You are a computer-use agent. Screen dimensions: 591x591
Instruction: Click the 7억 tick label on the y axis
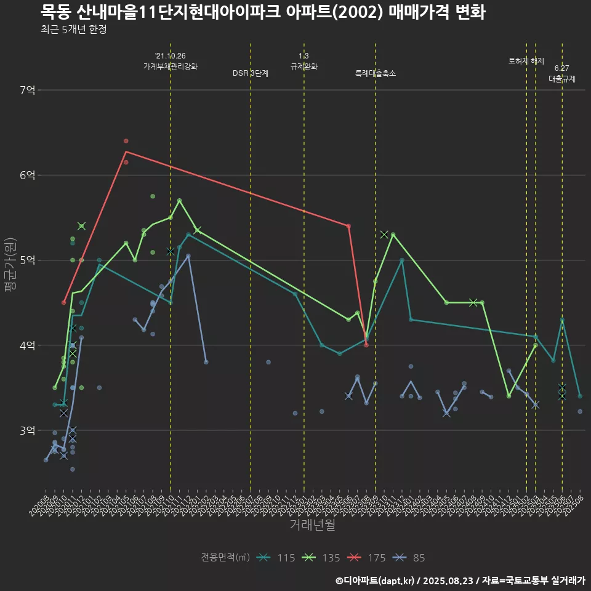point(26,90)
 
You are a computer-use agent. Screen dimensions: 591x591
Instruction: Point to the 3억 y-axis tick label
point(26,430)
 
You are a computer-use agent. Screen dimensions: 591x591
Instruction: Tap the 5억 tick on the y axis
point(26,260)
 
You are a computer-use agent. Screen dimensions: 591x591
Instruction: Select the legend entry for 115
point(277,558)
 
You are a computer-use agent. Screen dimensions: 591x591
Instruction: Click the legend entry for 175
point(367,558)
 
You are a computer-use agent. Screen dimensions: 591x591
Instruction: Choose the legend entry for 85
point(410,558)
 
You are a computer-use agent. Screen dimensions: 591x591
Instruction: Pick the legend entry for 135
point(322,558)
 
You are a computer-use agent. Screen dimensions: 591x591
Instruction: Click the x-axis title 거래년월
point(313,525)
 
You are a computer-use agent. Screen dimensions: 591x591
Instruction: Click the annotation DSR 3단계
point(251,73)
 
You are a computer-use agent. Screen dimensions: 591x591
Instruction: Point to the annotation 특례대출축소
point(376,73)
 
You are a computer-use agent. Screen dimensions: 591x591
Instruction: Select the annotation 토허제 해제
point(526,61)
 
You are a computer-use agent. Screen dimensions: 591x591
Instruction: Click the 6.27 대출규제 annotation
point(561,73)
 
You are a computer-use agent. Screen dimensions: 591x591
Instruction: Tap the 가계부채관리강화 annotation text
point(171,66)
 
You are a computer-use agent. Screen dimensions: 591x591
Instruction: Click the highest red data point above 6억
point(126,141)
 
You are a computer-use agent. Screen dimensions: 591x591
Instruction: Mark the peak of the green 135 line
point(179,200)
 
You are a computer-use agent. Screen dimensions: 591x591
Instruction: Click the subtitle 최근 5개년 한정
point(73,30)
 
